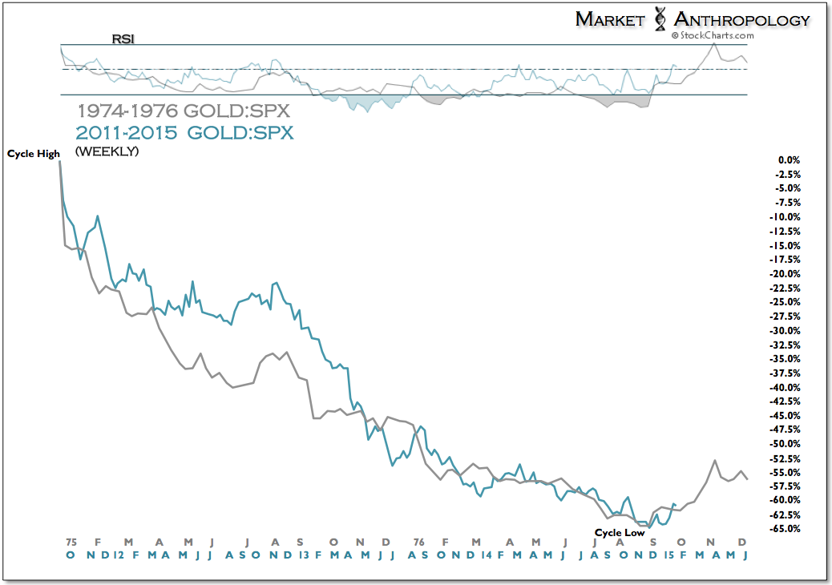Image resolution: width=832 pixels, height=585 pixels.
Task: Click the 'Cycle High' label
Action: pos(34,153)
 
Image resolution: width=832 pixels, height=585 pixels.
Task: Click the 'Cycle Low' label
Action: pos(620,531)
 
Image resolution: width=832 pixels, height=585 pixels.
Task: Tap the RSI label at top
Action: pos(123,38)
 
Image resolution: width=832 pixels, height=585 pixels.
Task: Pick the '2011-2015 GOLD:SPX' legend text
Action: pos(184,132)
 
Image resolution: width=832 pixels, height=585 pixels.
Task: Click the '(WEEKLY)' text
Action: pos(107,151)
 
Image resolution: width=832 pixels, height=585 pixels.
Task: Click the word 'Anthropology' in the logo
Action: pos(742,19)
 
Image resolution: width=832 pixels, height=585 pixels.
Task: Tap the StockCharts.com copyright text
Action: pos(713,35)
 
